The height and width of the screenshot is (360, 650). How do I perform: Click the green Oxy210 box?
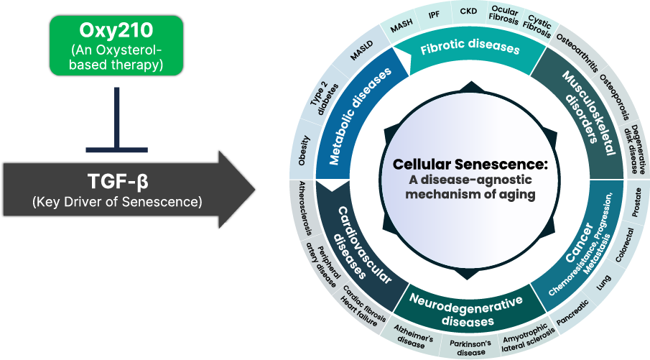[x=116, y=45]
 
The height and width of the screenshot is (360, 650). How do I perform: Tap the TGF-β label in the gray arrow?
[x=117, y=180]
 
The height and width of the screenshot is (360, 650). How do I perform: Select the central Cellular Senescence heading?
[x=470, y=165]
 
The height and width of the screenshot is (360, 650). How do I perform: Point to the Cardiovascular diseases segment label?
[x=362, y=244]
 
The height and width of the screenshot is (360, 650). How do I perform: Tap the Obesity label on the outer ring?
[x=304, y=150]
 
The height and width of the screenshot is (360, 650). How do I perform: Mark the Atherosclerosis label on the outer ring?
[x=306, y=208]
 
